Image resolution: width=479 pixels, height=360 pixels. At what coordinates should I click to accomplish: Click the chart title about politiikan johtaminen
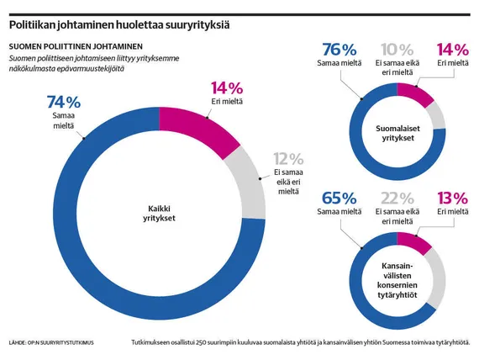119,24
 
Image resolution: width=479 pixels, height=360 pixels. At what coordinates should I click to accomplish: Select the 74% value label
64,102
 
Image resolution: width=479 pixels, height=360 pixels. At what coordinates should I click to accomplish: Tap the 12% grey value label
288,159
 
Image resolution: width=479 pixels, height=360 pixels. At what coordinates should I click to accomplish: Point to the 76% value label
340,50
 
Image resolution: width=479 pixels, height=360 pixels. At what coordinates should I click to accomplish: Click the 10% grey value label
397,50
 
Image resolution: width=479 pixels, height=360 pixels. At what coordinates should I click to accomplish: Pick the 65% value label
340,199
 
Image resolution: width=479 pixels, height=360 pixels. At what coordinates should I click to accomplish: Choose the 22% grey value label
397,199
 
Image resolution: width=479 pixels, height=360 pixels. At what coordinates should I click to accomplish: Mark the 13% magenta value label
452,199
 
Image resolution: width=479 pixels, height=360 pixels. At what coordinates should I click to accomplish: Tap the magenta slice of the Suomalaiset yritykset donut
414,93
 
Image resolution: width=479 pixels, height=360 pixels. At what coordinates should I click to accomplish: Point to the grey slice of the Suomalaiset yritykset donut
437,114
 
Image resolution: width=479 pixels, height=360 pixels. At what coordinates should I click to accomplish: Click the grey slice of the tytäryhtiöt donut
436,278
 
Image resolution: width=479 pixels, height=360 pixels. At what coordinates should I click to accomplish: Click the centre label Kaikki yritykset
159,214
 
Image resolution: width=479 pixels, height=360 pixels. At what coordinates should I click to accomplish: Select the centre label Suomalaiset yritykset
397,133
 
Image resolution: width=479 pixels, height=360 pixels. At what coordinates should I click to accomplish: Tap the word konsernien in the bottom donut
397,285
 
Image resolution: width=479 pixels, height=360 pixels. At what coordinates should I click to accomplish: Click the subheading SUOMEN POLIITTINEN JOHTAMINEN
76,46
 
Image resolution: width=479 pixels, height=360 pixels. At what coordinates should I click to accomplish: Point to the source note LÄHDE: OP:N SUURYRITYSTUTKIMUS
51,343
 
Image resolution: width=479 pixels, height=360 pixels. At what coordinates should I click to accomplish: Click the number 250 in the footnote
202,342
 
